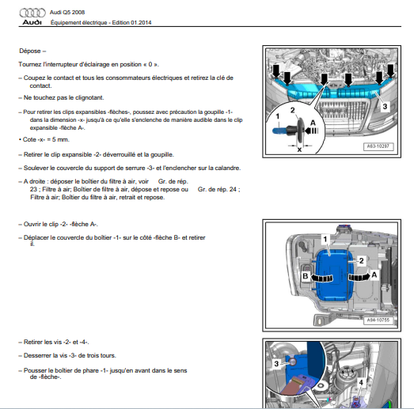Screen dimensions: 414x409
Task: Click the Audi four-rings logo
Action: [x=32, y=13]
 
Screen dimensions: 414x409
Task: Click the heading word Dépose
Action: [x=30, y=51]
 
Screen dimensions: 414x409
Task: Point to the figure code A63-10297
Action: [x=378, y=146]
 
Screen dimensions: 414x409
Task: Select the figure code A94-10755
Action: [x=378, y=320]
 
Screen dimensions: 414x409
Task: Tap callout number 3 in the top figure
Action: [x=385, y=106]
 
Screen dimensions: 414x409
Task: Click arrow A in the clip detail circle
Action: [x=312, y=131]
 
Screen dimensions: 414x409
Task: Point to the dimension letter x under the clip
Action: [x=299, y=150]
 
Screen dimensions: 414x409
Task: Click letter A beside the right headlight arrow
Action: [x=374, y=275]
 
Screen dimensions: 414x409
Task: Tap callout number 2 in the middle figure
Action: [x=362, y=261]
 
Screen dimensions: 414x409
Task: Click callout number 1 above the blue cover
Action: [x=325, y=239]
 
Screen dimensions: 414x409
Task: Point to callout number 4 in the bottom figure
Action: [x=361, y=382]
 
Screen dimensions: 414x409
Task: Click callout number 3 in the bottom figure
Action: [x=276, y=364]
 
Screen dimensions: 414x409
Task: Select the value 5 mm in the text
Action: [x=60, y=139]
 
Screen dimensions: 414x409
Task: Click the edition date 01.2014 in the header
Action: [x=141, y=23]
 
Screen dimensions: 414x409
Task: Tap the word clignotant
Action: [x=89, y=97]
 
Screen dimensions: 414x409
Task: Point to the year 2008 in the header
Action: [x=78, y=13]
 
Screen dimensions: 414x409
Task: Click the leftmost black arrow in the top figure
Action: [x=276, y=71]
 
